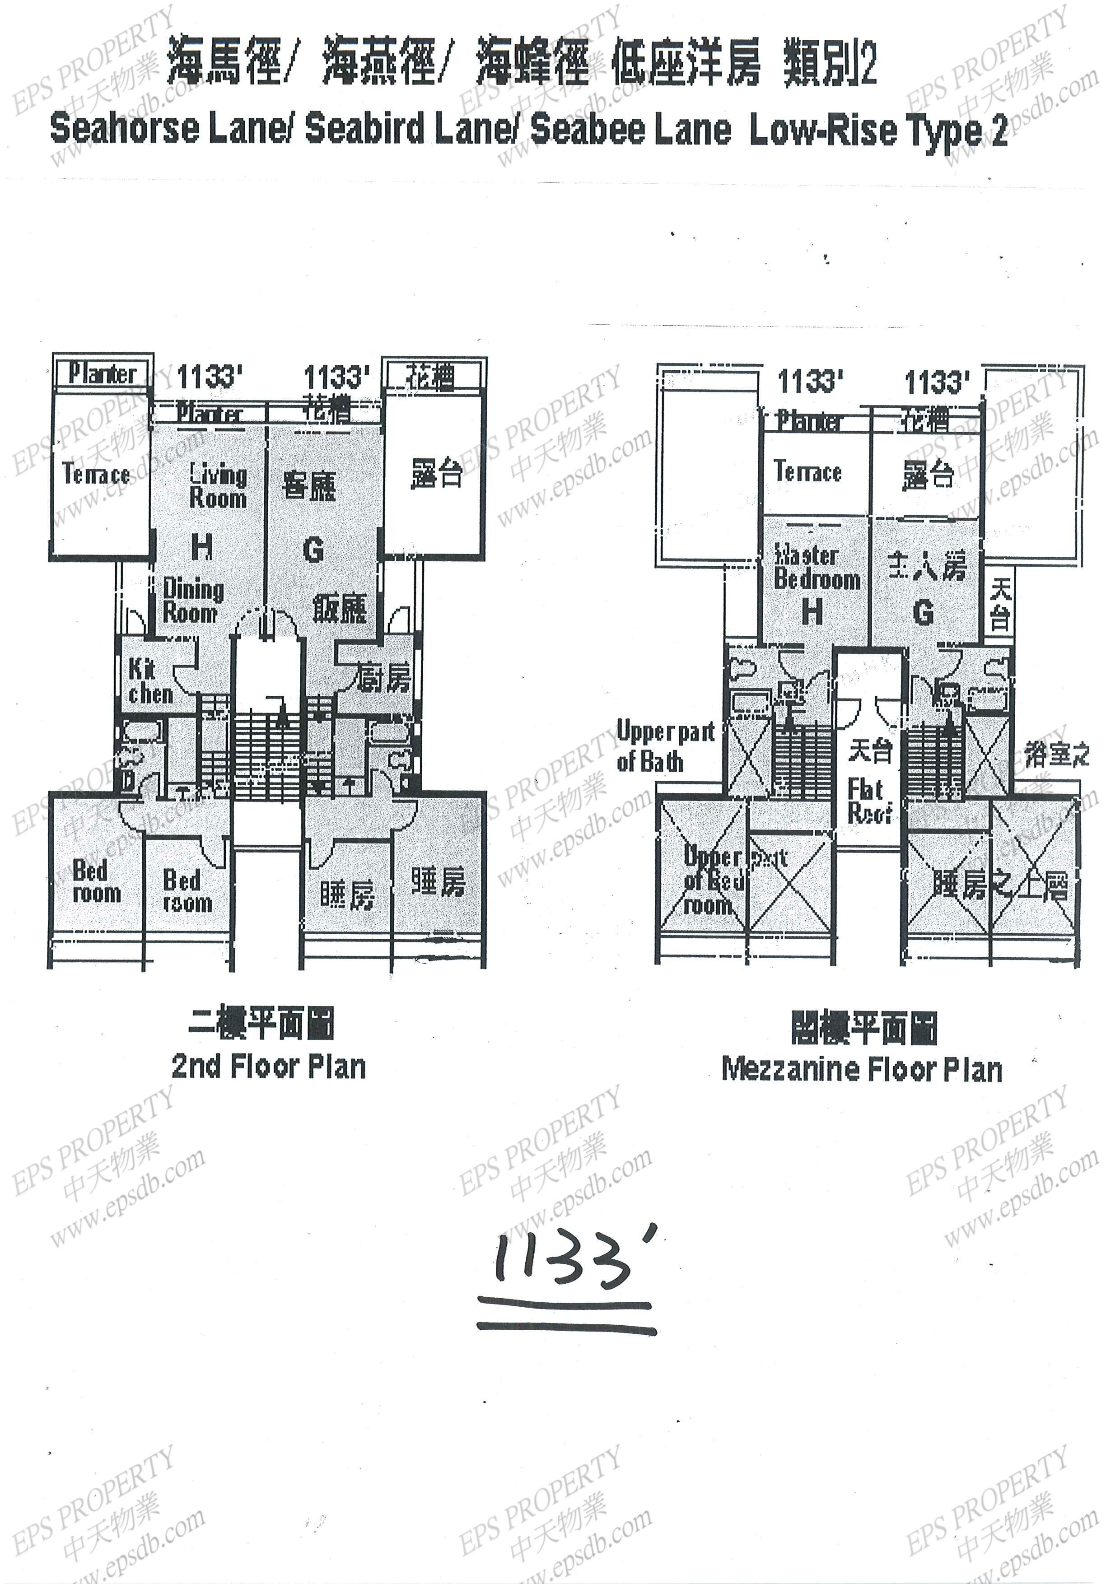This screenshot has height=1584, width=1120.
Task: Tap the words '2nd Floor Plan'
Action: (x=268, y=1067)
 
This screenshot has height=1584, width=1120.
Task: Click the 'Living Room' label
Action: (x=218, y=486)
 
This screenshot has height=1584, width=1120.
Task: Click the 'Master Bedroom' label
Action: (x=817, y=567)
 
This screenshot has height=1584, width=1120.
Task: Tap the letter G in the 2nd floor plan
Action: (x=314, y=550)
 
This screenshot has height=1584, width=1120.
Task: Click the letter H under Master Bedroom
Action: (x=813, y=611)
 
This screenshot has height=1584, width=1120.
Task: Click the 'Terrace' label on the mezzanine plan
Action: (x=807, y=471)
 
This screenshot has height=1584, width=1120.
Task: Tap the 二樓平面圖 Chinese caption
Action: (x=261, y=1023)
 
